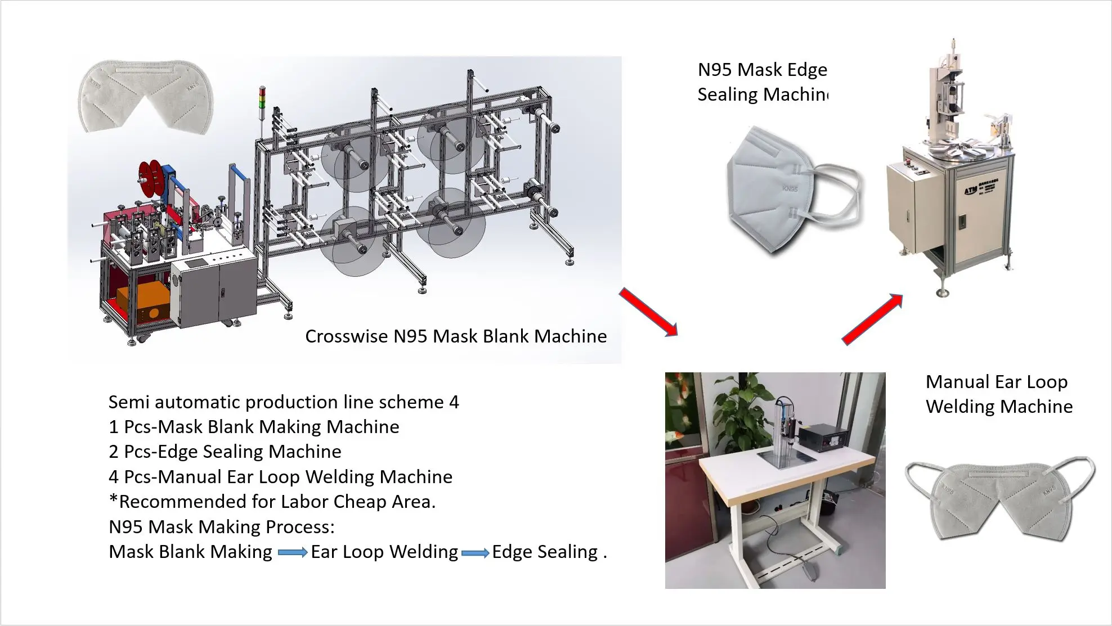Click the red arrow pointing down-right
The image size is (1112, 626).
(648, 312)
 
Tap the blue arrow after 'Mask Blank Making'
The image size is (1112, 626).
(292, 553)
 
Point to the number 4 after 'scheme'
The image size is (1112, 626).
(454, 402)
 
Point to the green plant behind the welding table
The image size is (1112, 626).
(743, 405)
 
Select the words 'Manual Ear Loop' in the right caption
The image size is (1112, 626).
(996, 382)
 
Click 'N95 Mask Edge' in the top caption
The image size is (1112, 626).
(762, 70)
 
